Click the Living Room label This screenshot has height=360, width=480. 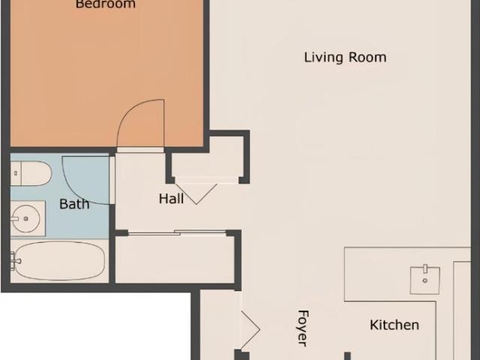pyautogui.click(x=345, y=58)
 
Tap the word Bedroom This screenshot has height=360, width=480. pyautogui.click(x=106, y=4)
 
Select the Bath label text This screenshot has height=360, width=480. pyautogui.click(x=74, y=204)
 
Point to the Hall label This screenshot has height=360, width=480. pyautogui.click(x=172, y=199)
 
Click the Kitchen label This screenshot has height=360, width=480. pyautogui.click(x=394, y=325)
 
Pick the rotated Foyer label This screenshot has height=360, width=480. pyautogui.click(x=303, y=328)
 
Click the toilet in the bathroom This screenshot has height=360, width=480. pyautogui.click(x=31, y=173)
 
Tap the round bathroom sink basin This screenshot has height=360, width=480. pyautogui.click(x=25, y=218)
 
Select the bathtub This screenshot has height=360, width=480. pyautogui.click(x=59, y=260)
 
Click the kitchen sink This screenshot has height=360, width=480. pyautogui.click(x=425, y=280)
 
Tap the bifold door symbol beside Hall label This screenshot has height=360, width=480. pyautogui.click(x=196, y=193)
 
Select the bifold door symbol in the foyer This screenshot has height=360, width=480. pyautogui.click(x=250, y=330)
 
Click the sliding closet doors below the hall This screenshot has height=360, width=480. pyautogui.click(x=177, y=233)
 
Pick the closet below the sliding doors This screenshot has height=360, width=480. pyautogui.click(x=175, y=259)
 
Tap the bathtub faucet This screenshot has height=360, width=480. pyautogui.click(x=15, y=261)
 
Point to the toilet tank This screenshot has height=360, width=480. pyautogui.click(x=16, y=173)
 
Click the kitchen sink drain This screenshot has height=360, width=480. pyautogui.click(x=425, y=280)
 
